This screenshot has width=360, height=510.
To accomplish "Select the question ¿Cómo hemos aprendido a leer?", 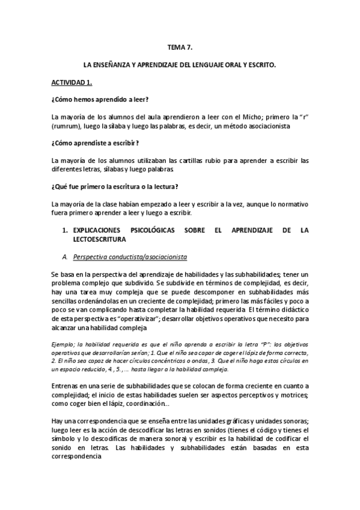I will click(x=100, y=99).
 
